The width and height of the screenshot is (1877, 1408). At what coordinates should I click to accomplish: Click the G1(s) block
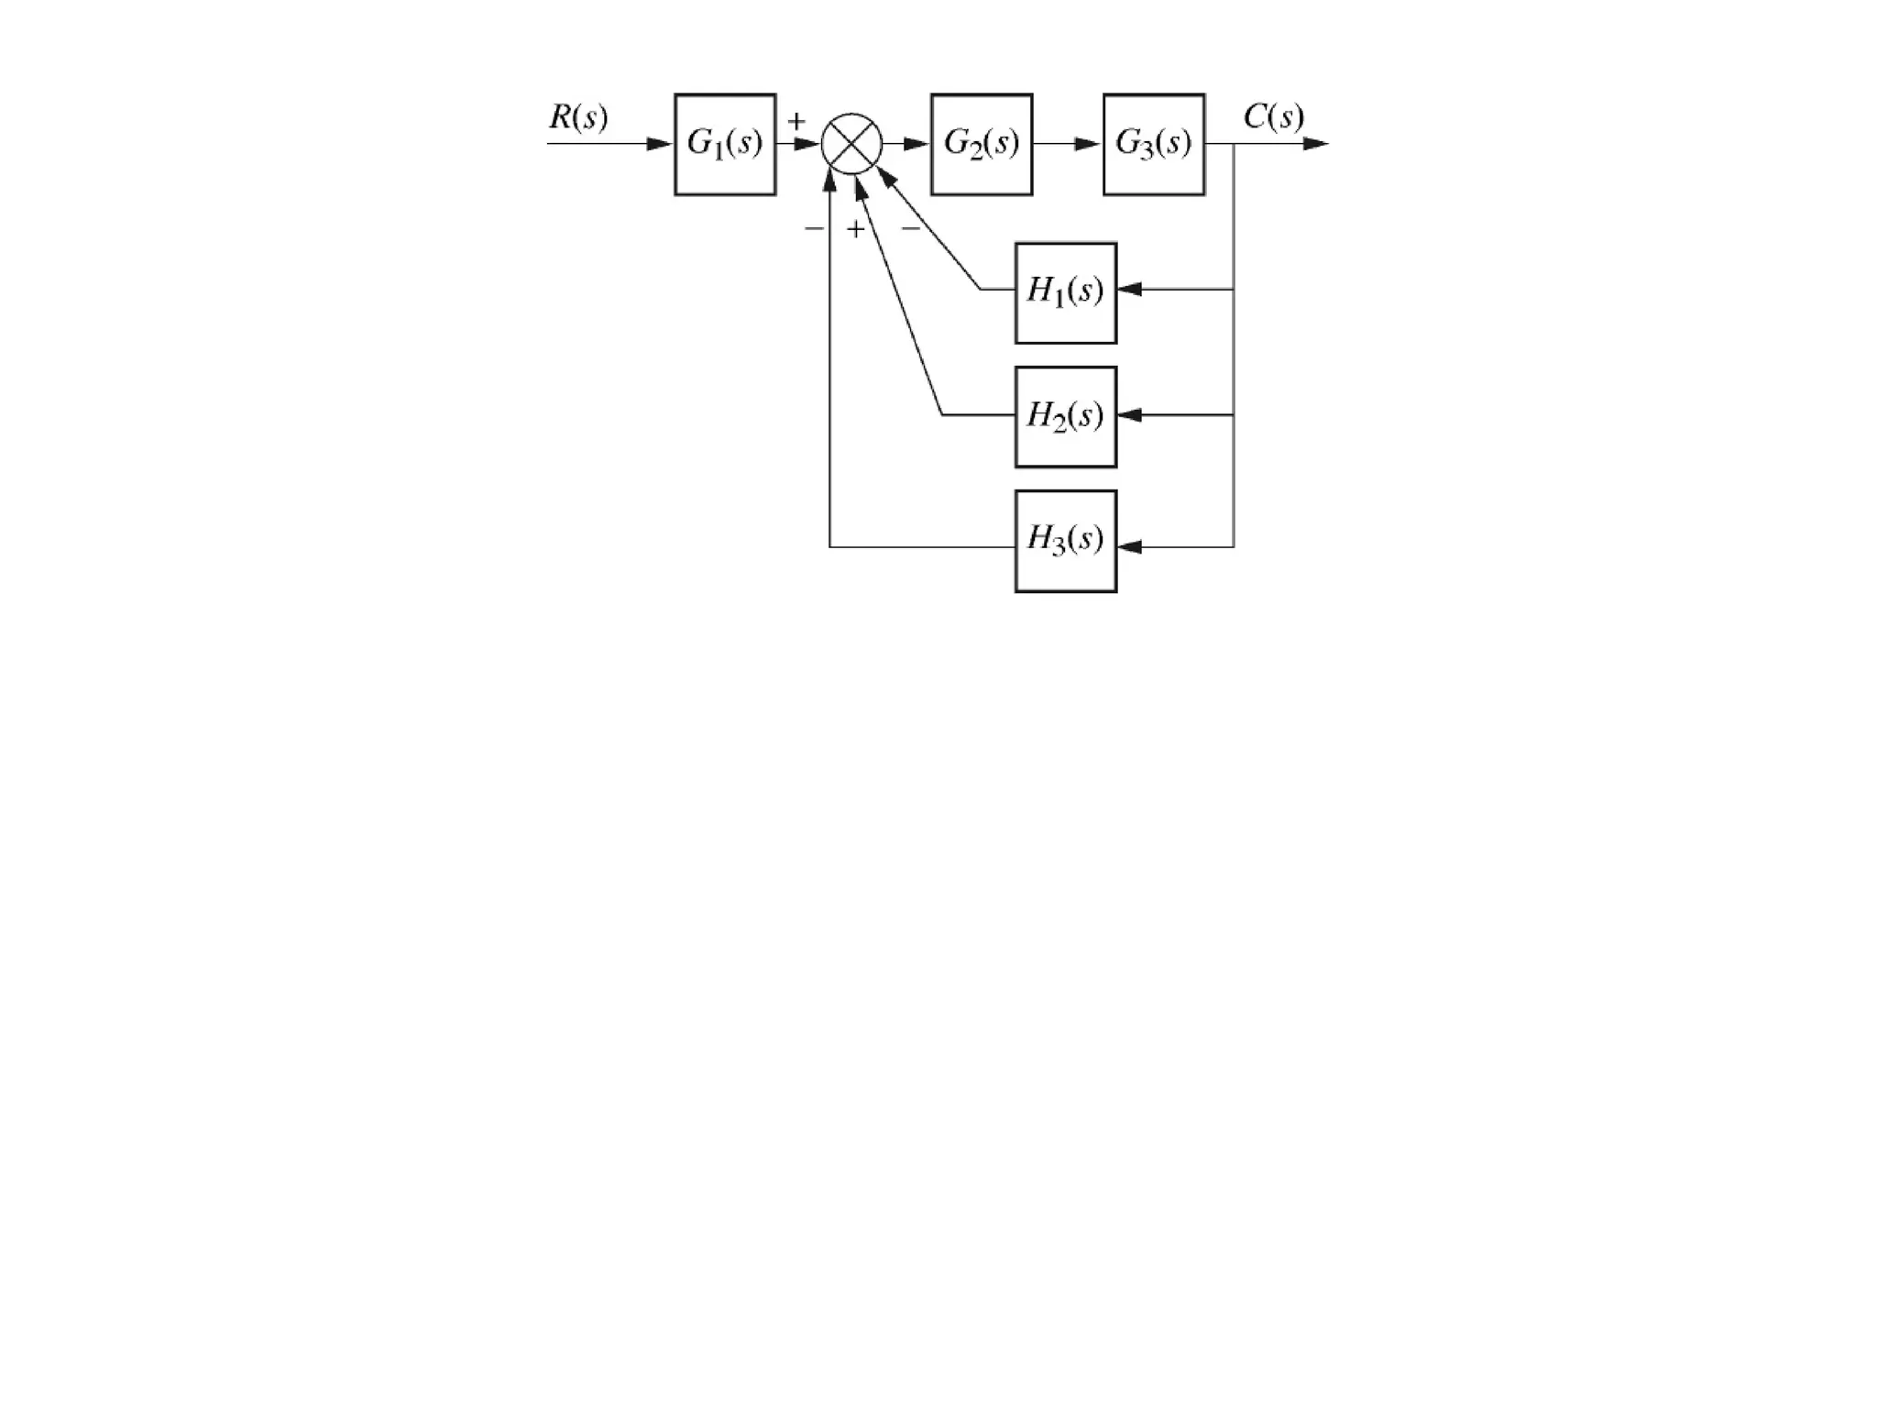(x=725, y=144)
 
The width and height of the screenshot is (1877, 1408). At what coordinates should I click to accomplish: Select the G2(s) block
(x=982, y=144)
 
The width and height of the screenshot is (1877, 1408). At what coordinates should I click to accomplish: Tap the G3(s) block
(x=1154, y=144)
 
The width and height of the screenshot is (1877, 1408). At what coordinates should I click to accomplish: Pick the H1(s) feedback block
(x=1066, y=293)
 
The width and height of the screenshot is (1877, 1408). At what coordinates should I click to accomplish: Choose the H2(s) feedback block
(x=1066, y=417)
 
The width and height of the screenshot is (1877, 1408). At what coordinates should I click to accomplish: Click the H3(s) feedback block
(x=1066, y=541)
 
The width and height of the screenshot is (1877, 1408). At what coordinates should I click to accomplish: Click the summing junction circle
(x=851, y=144)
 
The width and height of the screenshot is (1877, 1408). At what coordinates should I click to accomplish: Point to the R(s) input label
(x=578, y=117)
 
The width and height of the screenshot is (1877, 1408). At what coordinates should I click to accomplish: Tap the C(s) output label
(x=1274, y=117)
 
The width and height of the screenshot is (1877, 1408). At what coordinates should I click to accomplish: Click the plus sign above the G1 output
(x=796, y=121)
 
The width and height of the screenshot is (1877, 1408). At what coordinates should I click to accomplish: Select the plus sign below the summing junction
(x=855, y=229)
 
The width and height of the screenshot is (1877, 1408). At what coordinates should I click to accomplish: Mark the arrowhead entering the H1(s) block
(x=1129, y=290)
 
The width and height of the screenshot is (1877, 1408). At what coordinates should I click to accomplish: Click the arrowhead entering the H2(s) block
(x=1129, y=415)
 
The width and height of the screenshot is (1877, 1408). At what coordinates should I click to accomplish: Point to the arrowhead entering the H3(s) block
(x=1129, y=547)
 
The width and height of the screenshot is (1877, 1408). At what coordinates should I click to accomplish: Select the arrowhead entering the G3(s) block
(x=1089, y=144)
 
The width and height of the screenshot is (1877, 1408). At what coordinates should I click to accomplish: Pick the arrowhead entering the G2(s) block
(x=917, y=144)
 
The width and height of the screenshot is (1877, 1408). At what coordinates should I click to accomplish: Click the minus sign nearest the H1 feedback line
(x=910, y=228)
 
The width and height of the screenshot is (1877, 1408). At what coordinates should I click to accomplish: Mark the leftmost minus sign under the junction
(x=813, y=228)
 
